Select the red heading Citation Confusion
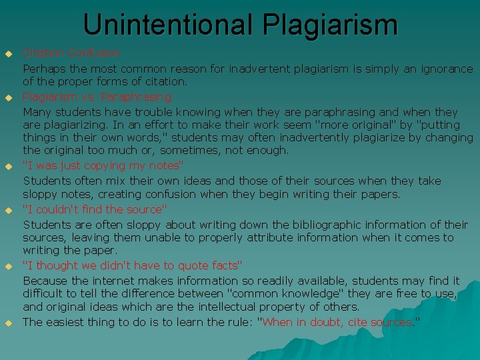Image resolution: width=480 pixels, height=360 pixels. coord(72,53)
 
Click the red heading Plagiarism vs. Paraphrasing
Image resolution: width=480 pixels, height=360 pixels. coord(97,97)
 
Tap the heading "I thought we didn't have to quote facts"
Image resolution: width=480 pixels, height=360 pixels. coord(133,265)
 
